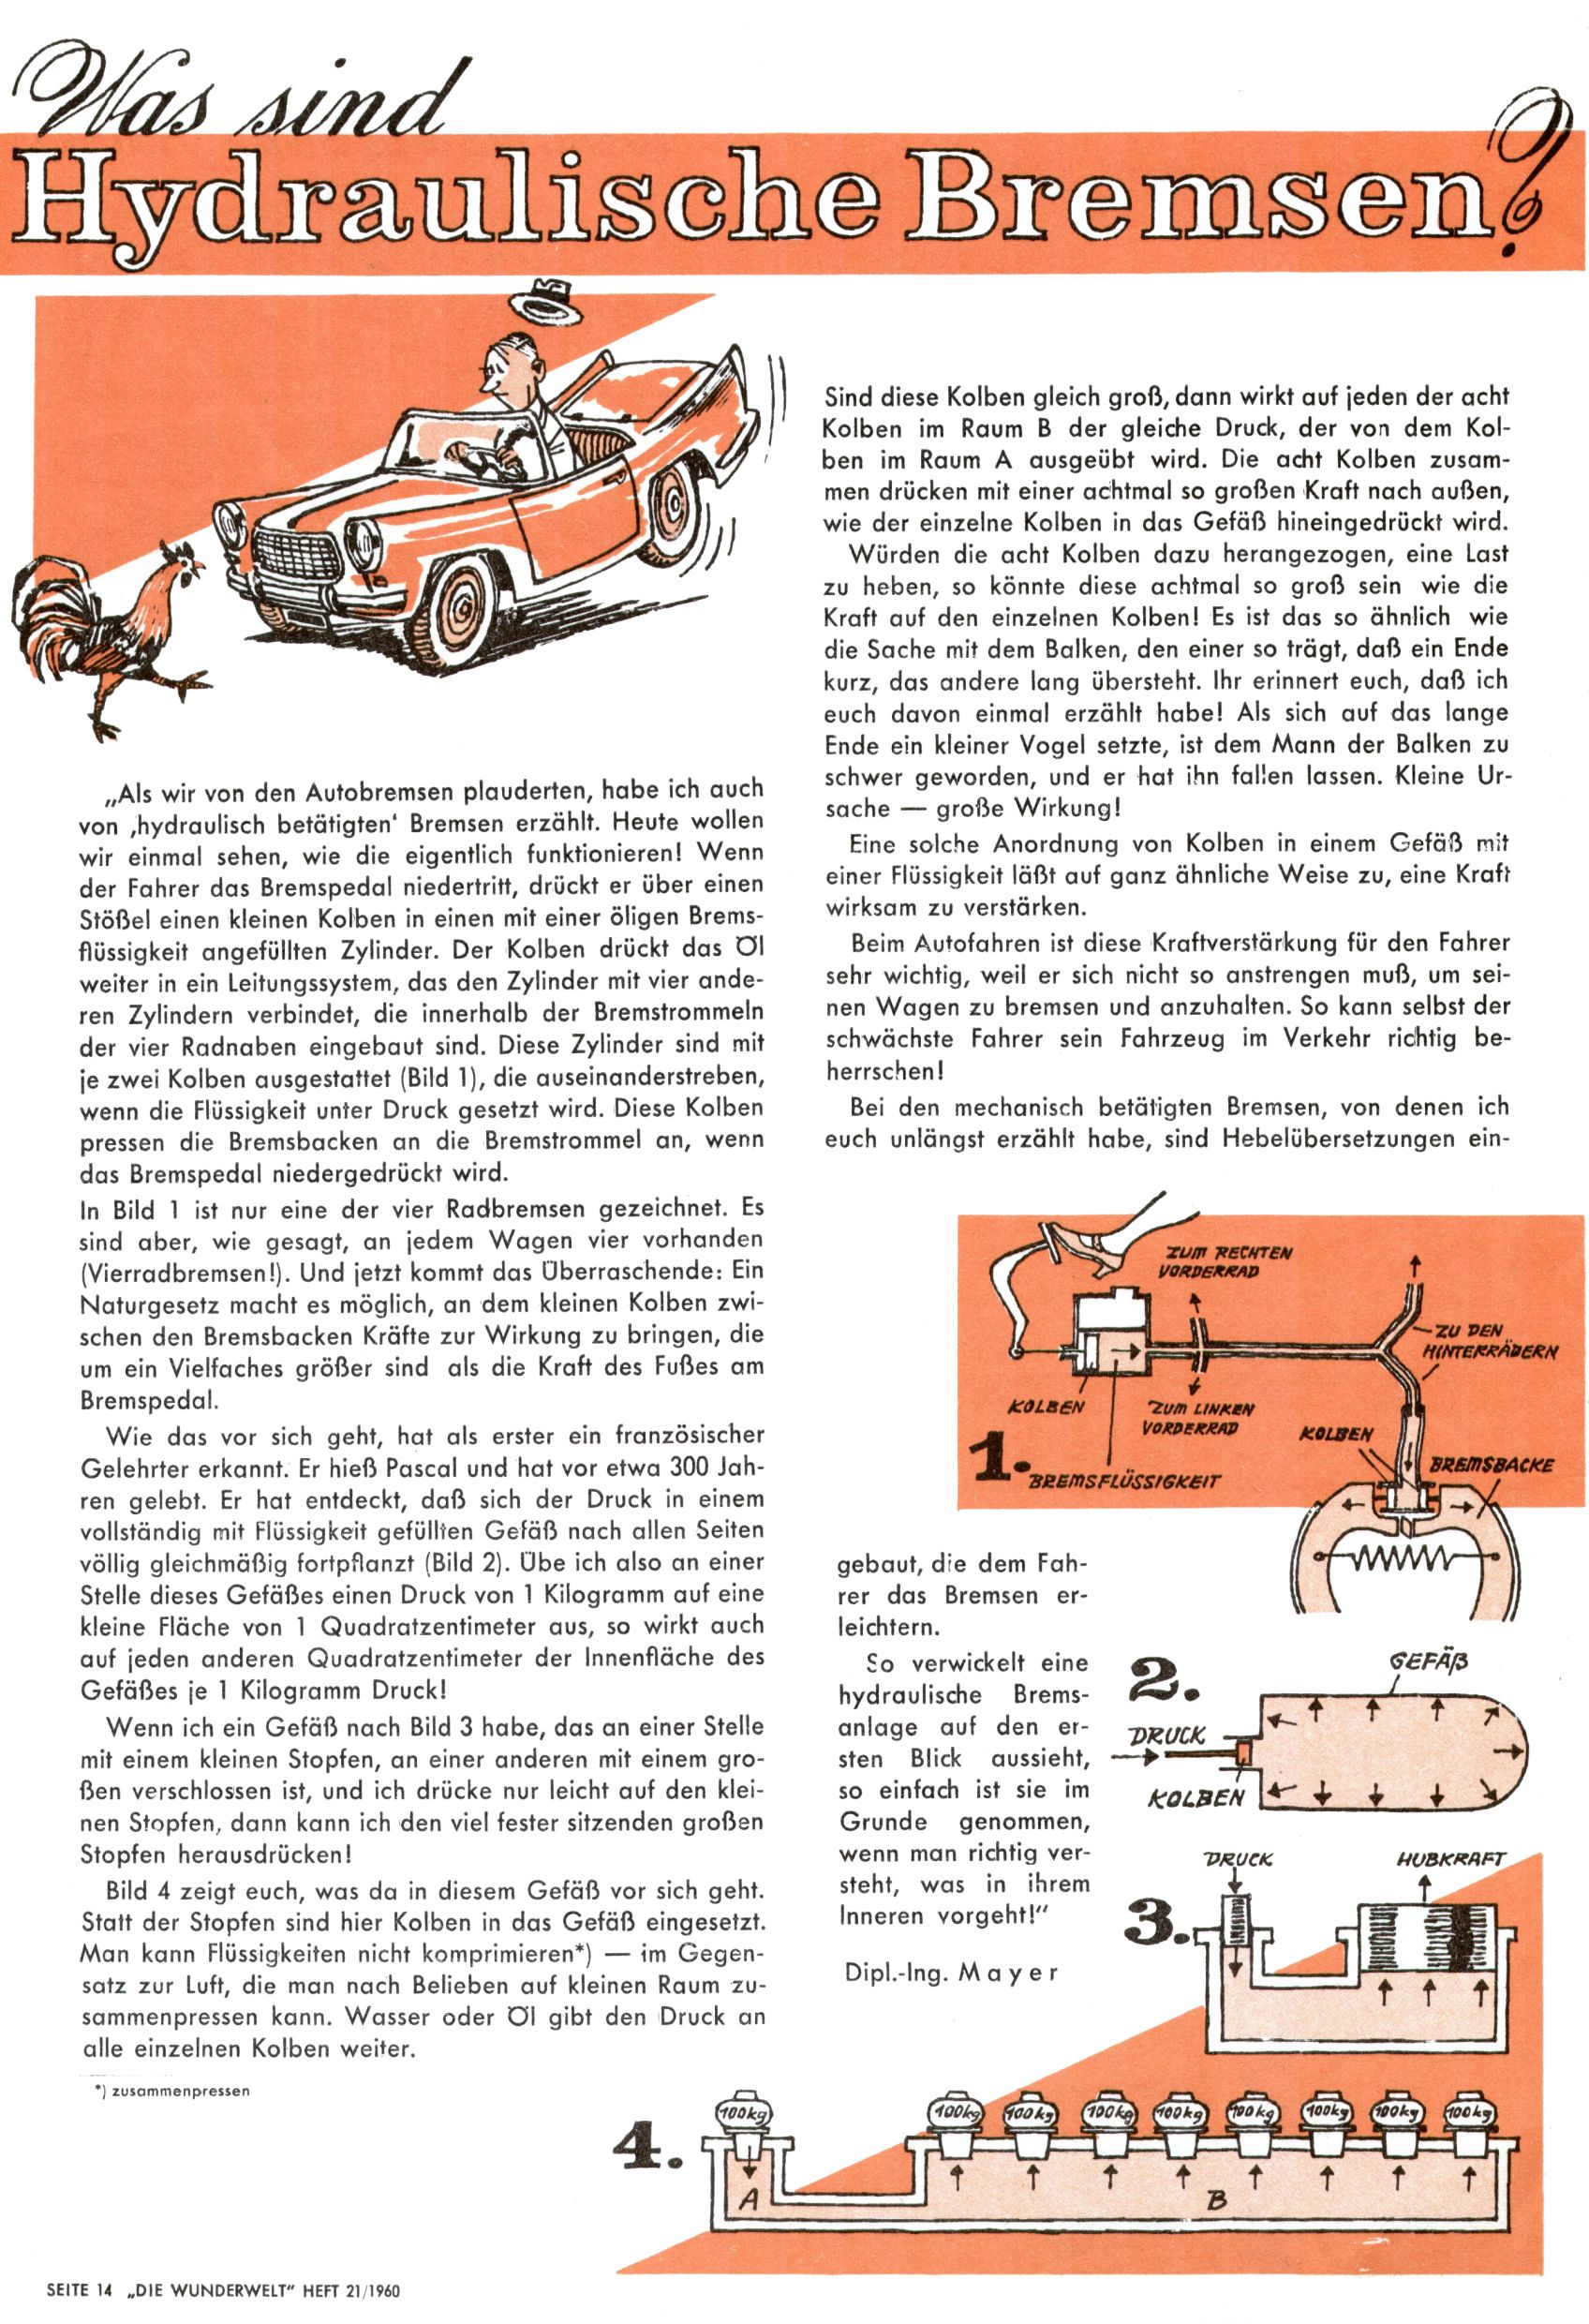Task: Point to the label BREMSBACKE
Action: (x=1491, y=1466)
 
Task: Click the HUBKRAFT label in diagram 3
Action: (x=1450, y=1860)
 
